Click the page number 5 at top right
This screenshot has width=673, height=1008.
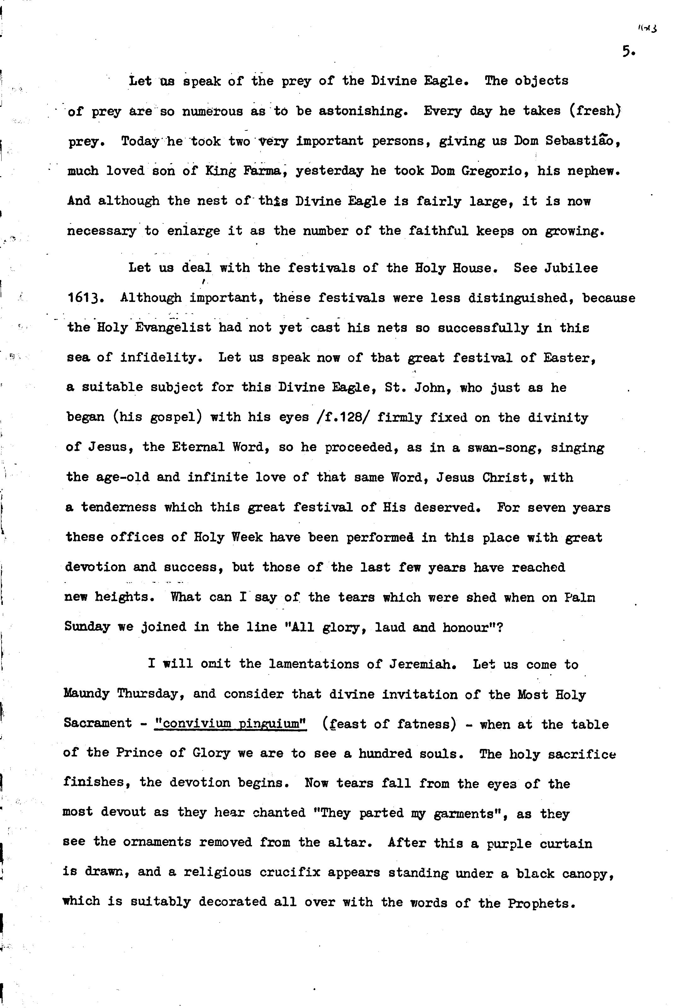pyautogui.click(x=628, y=52)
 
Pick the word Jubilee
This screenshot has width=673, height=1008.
pyautogui.click(x=571, y=268)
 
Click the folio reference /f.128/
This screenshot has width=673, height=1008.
pyautogui.click(x=343, y=417)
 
